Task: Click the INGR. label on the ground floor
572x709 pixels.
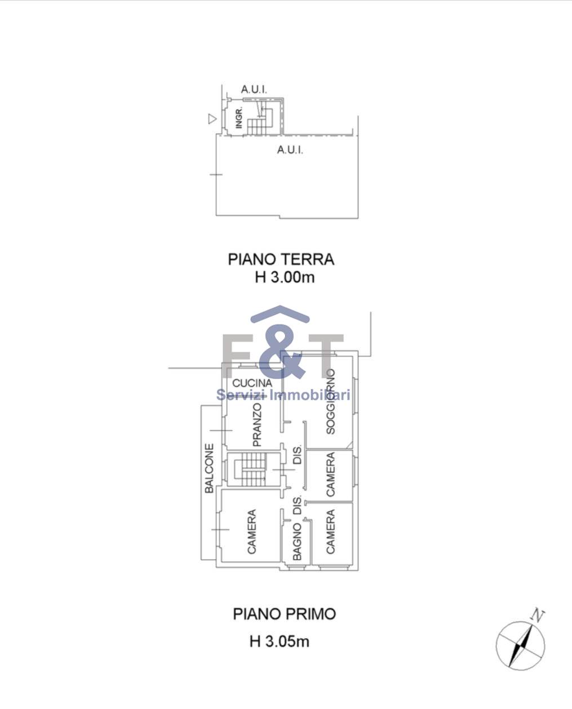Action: point(240,117)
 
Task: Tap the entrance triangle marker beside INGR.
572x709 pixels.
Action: point(212,118)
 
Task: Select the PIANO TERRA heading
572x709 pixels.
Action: point(281,259)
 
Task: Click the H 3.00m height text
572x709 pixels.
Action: point(285,277)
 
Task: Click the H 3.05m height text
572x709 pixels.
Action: point(280,641)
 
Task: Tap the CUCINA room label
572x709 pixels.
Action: point(252,383)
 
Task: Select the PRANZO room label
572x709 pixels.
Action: point(256,425)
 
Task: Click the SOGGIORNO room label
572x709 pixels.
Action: point(330,402)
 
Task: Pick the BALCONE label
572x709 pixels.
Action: point(209,468)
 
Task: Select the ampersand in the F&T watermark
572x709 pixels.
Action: point(281,351)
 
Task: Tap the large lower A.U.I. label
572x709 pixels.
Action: point(290,150)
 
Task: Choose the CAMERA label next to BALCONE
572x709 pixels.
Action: point(251,531)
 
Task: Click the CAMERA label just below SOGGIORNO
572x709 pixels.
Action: point(330,474)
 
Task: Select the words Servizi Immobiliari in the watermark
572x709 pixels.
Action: point(283,395)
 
